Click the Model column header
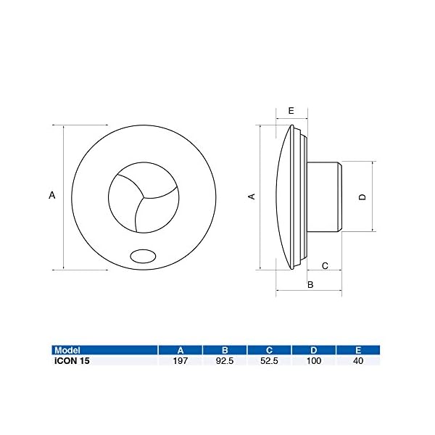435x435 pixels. [67, 350]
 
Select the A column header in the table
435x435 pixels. [181, 350]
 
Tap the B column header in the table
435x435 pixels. [225, 350]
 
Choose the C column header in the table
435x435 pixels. [269, 350]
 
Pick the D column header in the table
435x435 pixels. [313, 350]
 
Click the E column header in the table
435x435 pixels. [358, 350]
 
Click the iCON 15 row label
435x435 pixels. [72, 360]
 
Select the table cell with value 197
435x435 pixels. [181, 360]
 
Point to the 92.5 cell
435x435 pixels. [225, 360]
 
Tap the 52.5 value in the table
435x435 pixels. [269, 360]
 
